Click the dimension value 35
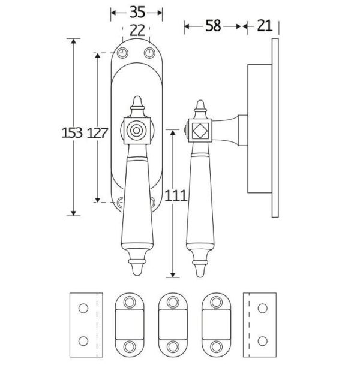tap(136, 11)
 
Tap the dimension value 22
tap(137, 30)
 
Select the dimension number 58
tap(212, 25)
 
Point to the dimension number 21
tap(264, 25)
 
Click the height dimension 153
tap(71, 133)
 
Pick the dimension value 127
tap(98, 133)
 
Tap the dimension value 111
tap(173, 195)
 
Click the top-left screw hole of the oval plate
tap(122, 53)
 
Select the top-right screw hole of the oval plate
tap(149, 53)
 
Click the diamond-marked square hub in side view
tap(199, 130)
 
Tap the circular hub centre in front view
tap(137, 130)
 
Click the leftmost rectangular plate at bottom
tap(84, 323)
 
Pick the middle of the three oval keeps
tap(170, 324)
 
